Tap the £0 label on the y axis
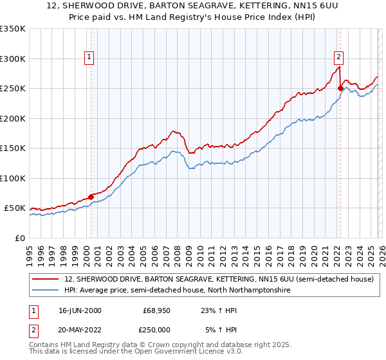pyautogui.click(x=19, y=238)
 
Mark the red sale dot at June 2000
pyautogui.click(x=91, y=197)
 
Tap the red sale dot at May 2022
pyautogui.click(x=340, y=89)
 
